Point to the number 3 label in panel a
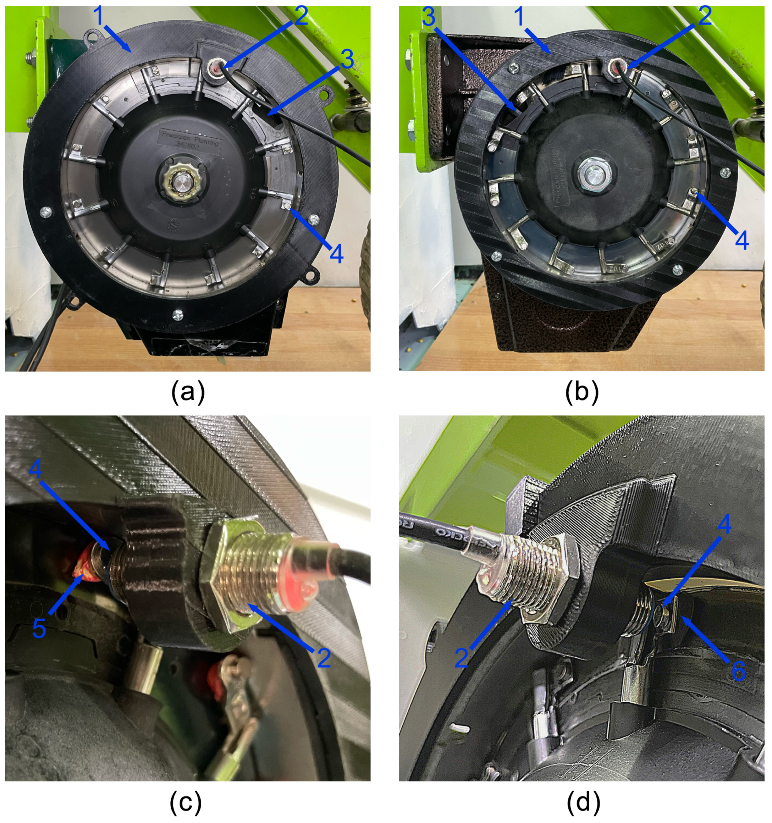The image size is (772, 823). [x=347, y=60]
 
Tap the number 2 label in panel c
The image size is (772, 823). [x=324, y=658]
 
